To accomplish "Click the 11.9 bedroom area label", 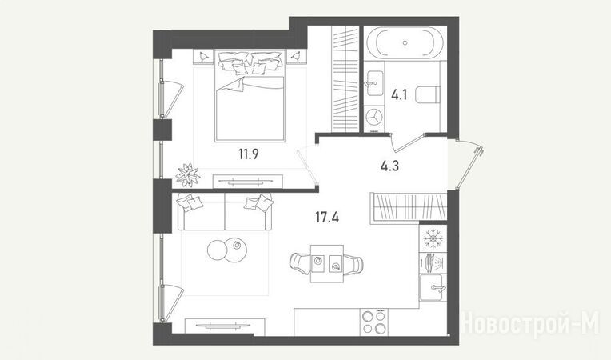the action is click(x=249, y=154).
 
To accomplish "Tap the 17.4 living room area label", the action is click(x=327, y=217).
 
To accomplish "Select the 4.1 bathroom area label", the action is click(x=399, y=94).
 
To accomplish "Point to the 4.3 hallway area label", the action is click(x=389, y=166).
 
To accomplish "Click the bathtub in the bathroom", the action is click(x=405, y=42).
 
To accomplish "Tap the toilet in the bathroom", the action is click(x=428, y=94).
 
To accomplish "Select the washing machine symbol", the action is click(x=375, y=117).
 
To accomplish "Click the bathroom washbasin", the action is click(x=375, y=83).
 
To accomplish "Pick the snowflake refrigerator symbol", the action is click(x=432, y=238).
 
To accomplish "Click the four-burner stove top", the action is click(x=374, y=322).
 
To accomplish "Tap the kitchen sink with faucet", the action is click(x=432, y=287).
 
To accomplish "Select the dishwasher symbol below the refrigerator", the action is click(x=432, y=262).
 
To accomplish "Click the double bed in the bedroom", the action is click(x=250, y=95).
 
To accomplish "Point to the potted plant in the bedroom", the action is click(x=188, y=175).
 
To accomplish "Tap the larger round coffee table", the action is click(x=236, y=250).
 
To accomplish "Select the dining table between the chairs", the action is click(x=327, y=264).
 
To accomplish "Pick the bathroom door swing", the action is click(x=407, y=143).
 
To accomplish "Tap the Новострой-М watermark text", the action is click(x=530, y=323).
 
